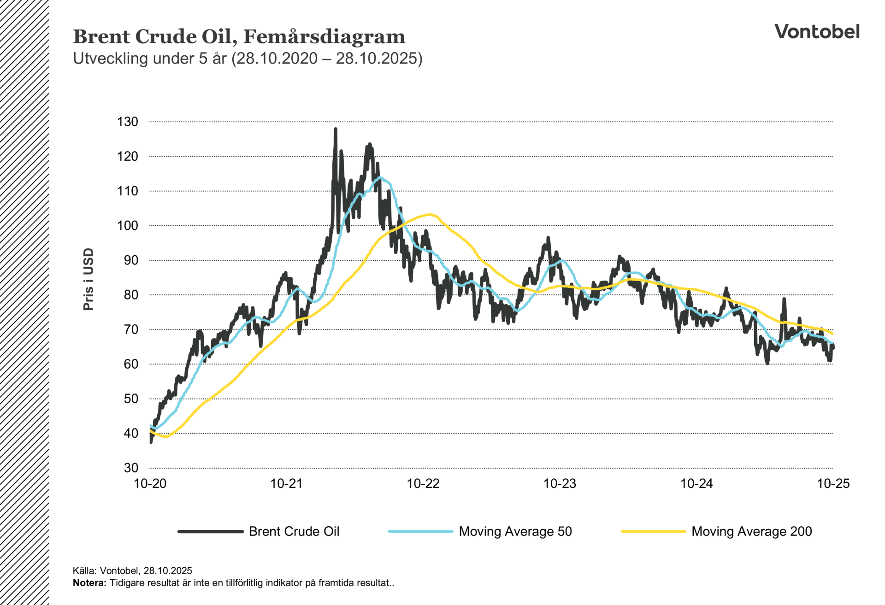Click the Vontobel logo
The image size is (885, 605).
816,31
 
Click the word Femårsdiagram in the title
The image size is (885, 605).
324,36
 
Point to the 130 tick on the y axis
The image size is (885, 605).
128,122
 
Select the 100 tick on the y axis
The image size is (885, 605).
128,225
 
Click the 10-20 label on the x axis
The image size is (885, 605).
150,483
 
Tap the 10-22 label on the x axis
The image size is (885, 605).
423,483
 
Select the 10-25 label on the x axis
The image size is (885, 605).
833,483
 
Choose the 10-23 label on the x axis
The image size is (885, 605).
560,483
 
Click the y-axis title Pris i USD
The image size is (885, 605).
88,279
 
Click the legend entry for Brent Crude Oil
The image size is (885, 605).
294,531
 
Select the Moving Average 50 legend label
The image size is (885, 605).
515,531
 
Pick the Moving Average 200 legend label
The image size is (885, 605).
751,531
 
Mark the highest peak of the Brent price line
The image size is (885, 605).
336,129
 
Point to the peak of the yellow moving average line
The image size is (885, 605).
430,214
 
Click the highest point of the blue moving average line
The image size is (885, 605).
380,177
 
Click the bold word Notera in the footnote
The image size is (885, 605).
88,583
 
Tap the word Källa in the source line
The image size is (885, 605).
84,570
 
